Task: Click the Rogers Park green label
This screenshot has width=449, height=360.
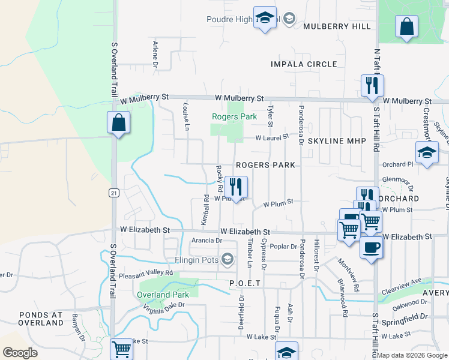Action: (x=234, y=116)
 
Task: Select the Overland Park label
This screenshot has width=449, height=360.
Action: (x=163, y=295)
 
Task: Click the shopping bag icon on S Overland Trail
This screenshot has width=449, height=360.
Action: (x=119, y=123)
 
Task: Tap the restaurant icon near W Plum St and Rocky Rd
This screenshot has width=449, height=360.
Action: (x=236, y=187)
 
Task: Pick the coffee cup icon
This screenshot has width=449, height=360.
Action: (x=370, y=247)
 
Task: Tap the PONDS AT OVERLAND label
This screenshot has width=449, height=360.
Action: (x=41, y=319)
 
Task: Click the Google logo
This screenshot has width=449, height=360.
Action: (x=20, y=353)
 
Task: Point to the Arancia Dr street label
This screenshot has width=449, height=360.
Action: (x=206, y=241)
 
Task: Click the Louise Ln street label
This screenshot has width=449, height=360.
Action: (x=186, y=116)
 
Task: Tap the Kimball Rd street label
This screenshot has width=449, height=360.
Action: (x=206, y=206)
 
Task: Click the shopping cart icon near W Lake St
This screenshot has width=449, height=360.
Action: (x=122, y=349)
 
